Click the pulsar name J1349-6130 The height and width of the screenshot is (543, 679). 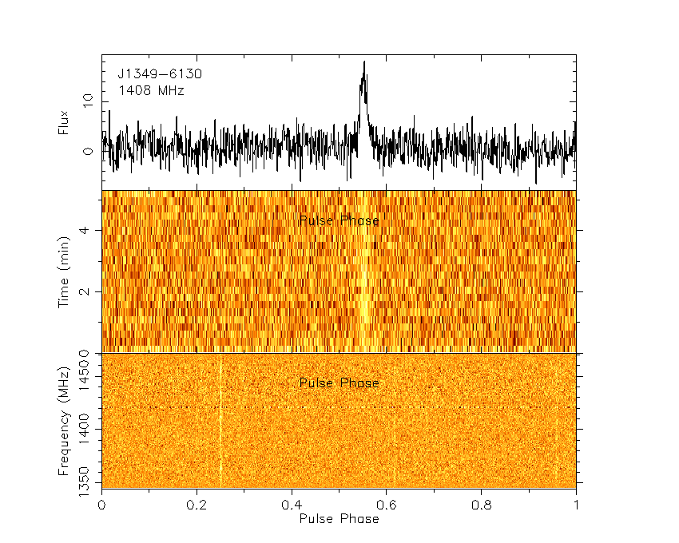(x=160, y=74)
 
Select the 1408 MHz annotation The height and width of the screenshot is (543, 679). (x=151, y=91)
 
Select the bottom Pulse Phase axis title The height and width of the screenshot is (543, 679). (x=339, y=519)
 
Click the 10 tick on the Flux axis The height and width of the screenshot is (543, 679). (x=88, y=100)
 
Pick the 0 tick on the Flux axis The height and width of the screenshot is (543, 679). (x=88, y=151)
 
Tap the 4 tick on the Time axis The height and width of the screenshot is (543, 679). (x=88, y=230)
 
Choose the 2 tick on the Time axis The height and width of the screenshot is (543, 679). (x=88, y=291)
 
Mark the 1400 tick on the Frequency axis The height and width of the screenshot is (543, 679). (x=88, y=430)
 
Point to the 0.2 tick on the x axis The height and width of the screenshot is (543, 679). (x=197, y=505)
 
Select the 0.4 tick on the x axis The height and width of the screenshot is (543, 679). (x=292, y=505)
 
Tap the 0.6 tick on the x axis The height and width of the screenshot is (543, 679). (x=387, y=505)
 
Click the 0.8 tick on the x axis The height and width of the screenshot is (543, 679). (x=482, y=505)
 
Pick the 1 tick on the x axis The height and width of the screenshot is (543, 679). (x=576, y=505)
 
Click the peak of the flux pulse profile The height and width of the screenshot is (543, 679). (x=364, y=62)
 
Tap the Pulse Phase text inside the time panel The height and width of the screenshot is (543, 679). (x=339, y=220)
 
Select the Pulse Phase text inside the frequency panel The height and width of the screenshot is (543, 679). (x=339, y=383)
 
